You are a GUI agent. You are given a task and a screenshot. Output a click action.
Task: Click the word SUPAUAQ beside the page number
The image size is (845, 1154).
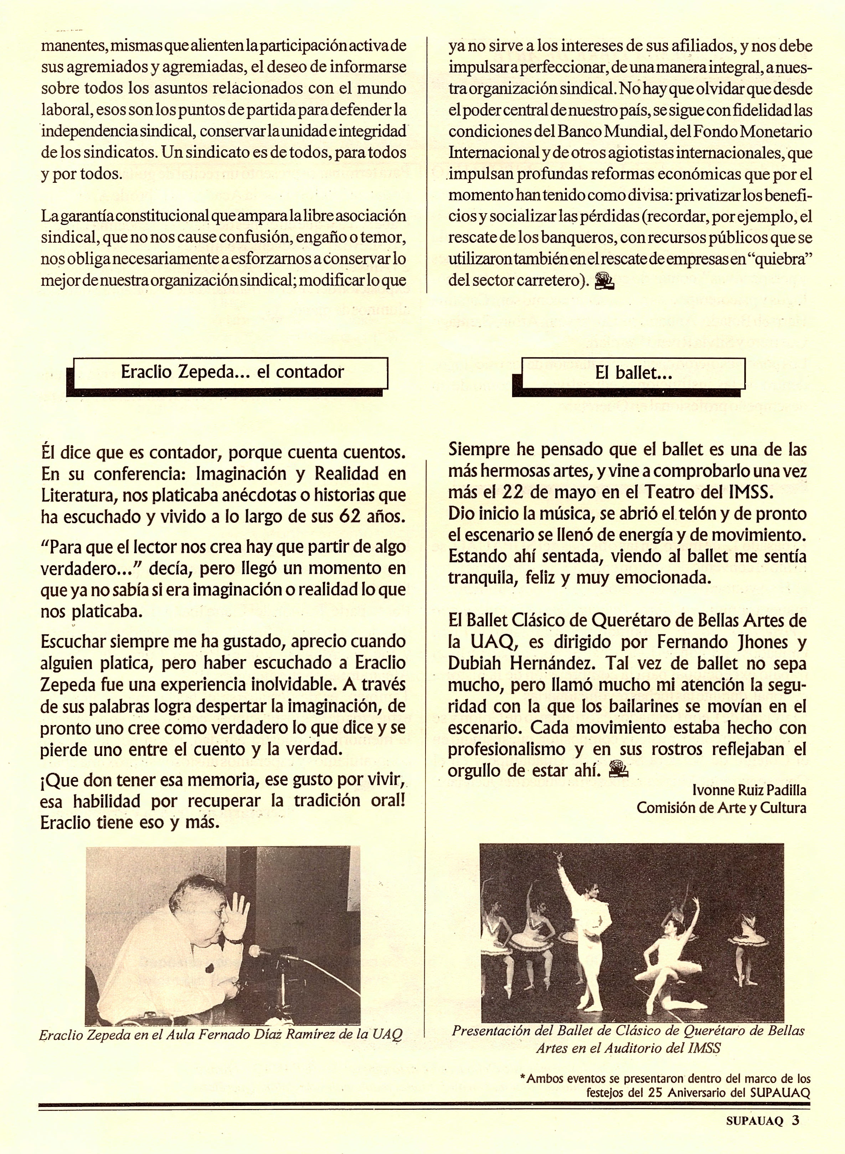[x=754, y=1121]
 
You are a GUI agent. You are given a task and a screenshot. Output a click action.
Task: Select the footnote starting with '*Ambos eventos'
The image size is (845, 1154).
[x=665, y=1086]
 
